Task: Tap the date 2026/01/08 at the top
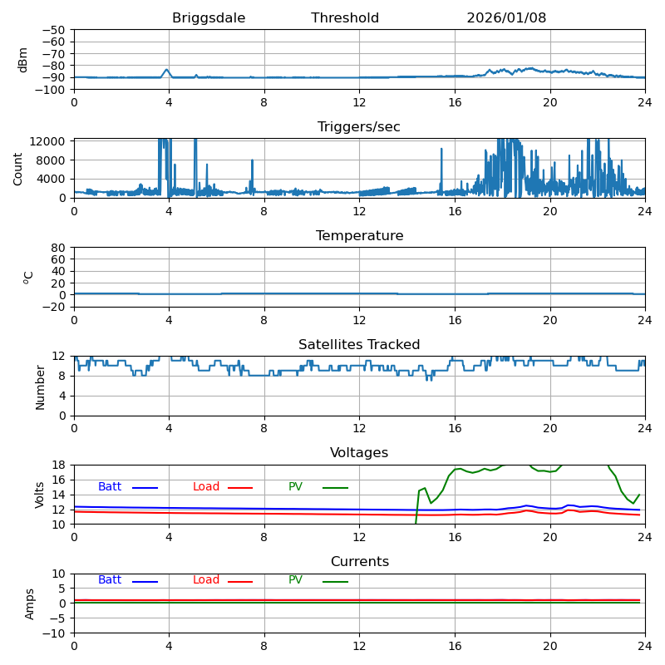coord(506,18)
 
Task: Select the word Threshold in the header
coord(345,18)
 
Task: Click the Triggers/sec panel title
coord(359,127)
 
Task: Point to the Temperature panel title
coord(359,236)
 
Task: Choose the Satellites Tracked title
coord(359,345)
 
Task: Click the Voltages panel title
coord(359,453)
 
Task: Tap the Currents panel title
coord(359,562)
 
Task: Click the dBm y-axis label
coord(23,60)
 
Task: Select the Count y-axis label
coord(18,169)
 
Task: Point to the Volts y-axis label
coord(40,495)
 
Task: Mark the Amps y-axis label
coord(30,603)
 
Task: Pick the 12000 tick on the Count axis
coord(49,141)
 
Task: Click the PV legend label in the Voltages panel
coord(297,487)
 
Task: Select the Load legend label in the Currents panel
coord(206,580)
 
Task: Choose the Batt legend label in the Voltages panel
coord(110,487)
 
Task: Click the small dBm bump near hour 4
coord(167,70)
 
